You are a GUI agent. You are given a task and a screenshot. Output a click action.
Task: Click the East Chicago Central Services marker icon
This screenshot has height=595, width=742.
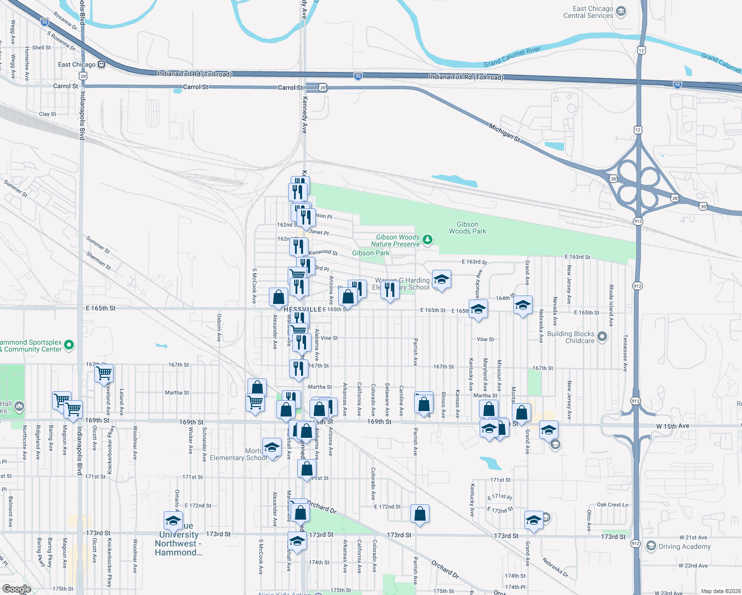621,12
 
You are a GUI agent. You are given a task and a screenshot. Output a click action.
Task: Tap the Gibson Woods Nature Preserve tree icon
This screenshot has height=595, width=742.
427,240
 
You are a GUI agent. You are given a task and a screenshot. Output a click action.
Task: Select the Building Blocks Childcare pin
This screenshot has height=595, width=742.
602,337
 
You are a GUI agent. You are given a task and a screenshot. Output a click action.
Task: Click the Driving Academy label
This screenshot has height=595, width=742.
684,546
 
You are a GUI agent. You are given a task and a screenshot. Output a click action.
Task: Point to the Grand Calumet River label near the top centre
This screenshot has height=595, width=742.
512,57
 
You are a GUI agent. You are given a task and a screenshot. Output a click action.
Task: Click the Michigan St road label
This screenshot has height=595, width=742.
504,133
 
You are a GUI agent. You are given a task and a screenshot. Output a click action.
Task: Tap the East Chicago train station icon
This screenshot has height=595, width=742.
101,64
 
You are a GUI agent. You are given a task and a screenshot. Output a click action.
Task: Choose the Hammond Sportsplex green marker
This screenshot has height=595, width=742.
69,345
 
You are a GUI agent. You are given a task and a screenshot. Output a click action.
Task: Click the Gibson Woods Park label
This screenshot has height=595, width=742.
467,228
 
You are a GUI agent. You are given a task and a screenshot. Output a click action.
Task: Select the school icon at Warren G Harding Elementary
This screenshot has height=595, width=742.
441,280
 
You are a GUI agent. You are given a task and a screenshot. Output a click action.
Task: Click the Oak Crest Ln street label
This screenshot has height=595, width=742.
613,505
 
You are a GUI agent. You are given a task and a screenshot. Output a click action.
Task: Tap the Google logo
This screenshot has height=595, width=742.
16,589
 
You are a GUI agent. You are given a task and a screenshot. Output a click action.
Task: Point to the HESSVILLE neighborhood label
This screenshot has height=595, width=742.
303,309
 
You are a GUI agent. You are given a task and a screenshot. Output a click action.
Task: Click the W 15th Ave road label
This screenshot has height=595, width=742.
673,426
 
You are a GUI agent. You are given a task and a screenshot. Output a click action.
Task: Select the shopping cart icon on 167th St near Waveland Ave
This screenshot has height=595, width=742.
104,373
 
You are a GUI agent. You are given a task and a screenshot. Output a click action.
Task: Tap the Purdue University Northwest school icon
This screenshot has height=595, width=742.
173,521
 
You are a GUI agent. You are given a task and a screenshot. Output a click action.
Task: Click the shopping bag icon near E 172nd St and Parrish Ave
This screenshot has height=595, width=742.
420,514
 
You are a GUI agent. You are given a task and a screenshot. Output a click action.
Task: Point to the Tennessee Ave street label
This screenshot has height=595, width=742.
625,353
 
